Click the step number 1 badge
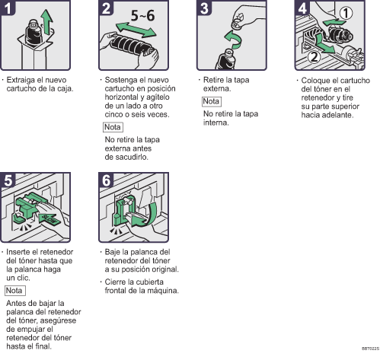pos(8,8)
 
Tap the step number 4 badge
pos(302,8)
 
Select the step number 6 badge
pos(106,180)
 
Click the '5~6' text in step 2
pos(142,16)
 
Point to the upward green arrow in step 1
pos(47,21)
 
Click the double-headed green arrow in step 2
pos(136,30)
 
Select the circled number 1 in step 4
pos(346,13)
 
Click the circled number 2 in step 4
pos(314,57)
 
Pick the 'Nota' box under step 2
pos(113,127)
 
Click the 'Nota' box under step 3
pos(212,101)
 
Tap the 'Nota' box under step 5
pos(15,291)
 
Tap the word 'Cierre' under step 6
pos(116,282)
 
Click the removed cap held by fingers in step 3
pos(238,24)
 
